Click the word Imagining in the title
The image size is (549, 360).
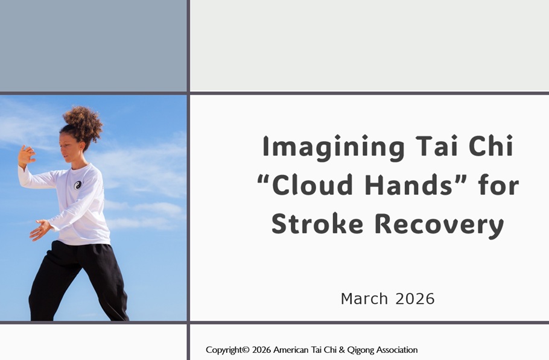click(333, 148)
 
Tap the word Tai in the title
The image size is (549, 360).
click(437, 146)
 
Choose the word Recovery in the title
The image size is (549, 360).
click(439, 225)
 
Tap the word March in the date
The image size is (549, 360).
click(364, 298)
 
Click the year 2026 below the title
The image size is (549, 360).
click(415, 298)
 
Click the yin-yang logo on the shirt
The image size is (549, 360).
click(78, 185)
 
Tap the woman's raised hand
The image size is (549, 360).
click(27, 156)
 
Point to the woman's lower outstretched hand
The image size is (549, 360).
click(40, 230)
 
